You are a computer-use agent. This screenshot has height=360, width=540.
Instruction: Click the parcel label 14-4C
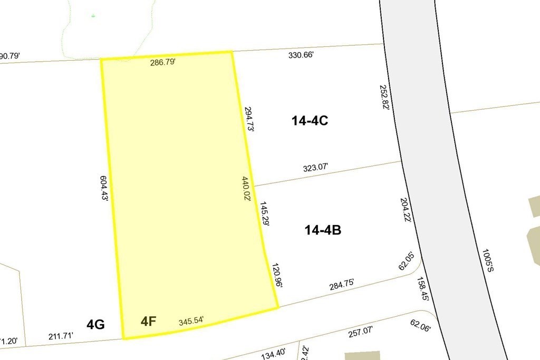pos(310,121)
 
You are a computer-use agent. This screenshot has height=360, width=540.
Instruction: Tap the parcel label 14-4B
pos(323,230)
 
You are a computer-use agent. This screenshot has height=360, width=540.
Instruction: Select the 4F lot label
pos(148,320)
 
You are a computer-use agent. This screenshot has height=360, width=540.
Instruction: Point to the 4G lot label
pos(95,324)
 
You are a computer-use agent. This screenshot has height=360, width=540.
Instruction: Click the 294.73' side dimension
pos(249,121)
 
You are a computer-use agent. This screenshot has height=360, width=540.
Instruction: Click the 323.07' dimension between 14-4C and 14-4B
pos(316,168)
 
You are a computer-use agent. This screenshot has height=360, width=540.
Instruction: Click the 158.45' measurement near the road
pos(423,289)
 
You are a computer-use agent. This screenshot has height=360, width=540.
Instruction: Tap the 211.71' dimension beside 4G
pos(61,335)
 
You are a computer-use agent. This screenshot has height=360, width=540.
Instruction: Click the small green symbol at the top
pos(93,16)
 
